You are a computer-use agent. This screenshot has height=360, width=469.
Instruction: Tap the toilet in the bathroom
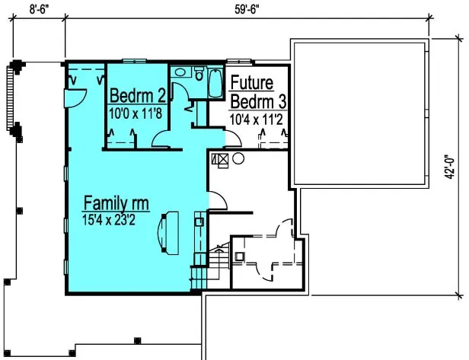tap(199, 75)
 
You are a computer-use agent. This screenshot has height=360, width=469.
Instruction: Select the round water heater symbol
tap(238, 159)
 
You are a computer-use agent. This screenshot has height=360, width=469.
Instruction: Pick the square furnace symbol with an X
tap(222, 160)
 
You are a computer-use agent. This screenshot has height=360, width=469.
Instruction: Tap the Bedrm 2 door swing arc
tap(164, 139)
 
